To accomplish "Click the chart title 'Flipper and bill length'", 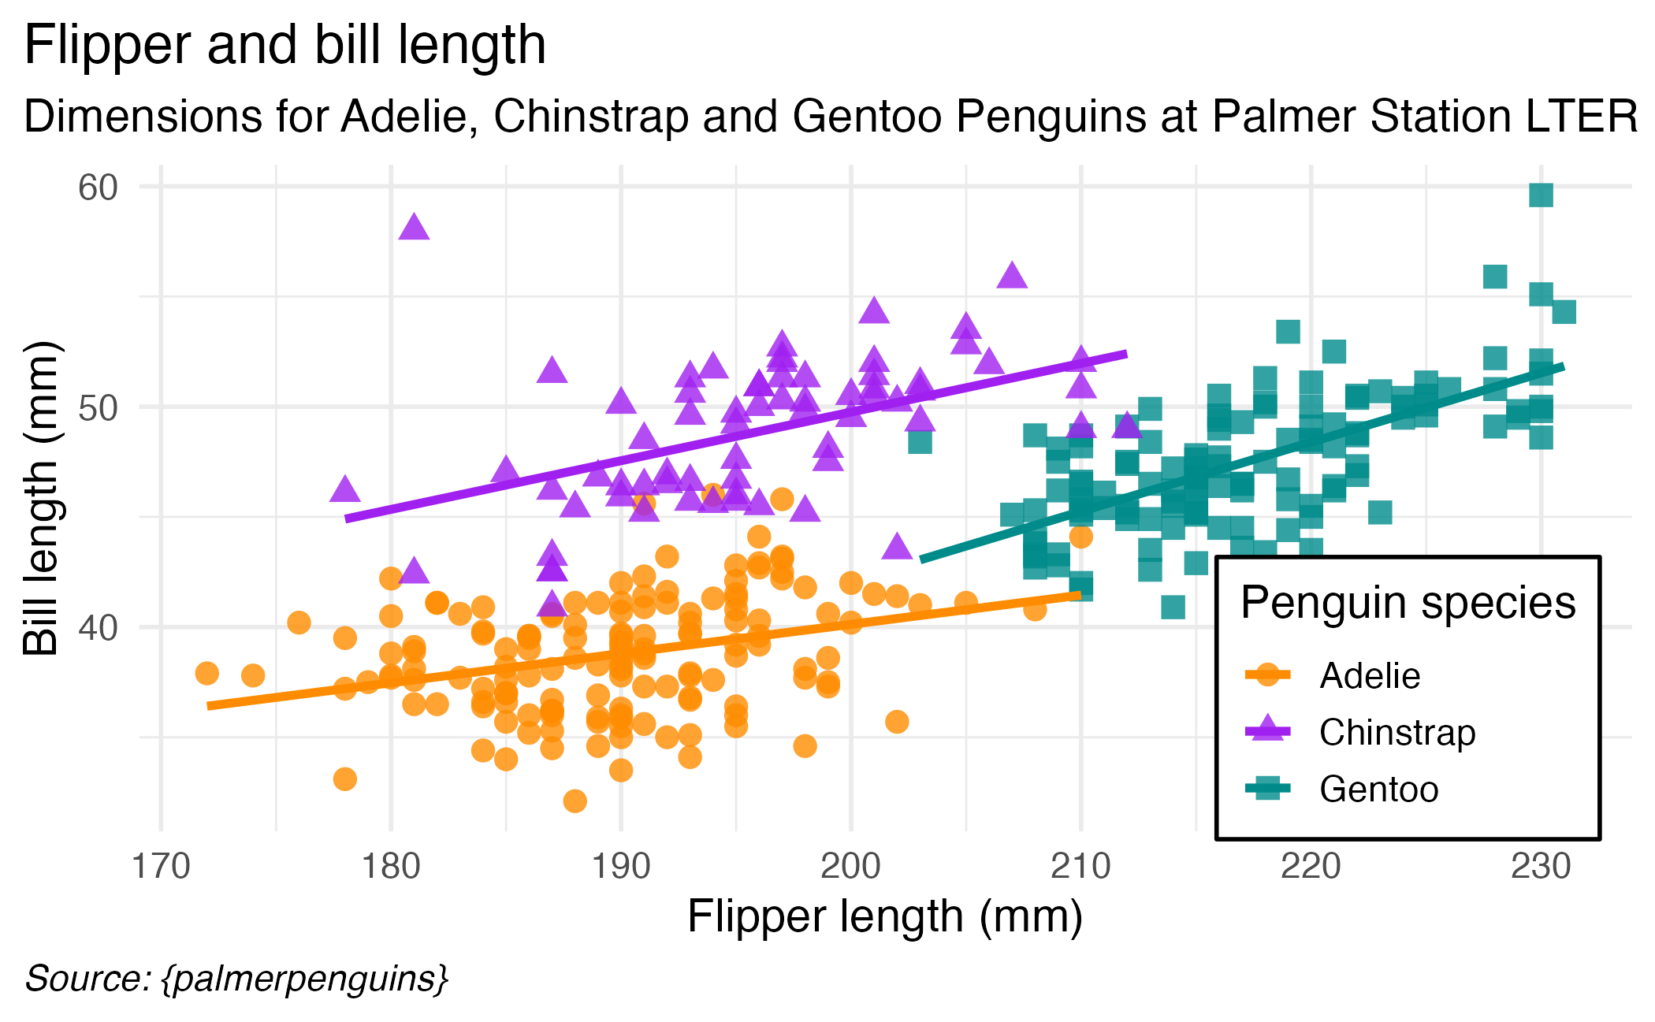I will [x=285, y=45].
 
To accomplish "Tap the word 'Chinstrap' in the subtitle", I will [x=591, y=117].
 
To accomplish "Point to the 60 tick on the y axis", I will [x=98, y=188].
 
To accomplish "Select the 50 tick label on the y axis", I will [x=98, y=407].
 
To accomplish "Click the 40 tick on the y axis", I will [x=98, y=628].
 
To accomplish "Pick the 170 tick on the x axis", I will [x=162, y=867].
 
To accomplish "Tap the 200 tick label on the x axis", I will [x=851, y=867].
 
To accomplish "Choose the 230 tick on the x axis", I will [x=1541, y=867].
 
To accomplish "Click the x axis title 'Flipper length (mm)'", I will [x=885, y=916].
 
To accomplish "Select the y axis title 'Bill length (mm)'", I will [x=41, y=498].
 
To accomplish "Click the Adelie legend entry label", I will [x=1370, y=675].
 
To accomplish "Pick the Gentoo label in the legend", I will [x=1379, y=789].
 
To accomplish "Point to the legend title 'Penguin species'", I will [x=1408, y=603].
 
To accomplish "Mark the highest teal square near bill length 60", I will [x=1541, y=195].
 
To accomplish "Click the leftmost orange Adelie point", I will [x=206, y=673].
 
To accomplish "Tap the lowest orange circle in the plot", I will [x=575, y=801].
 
